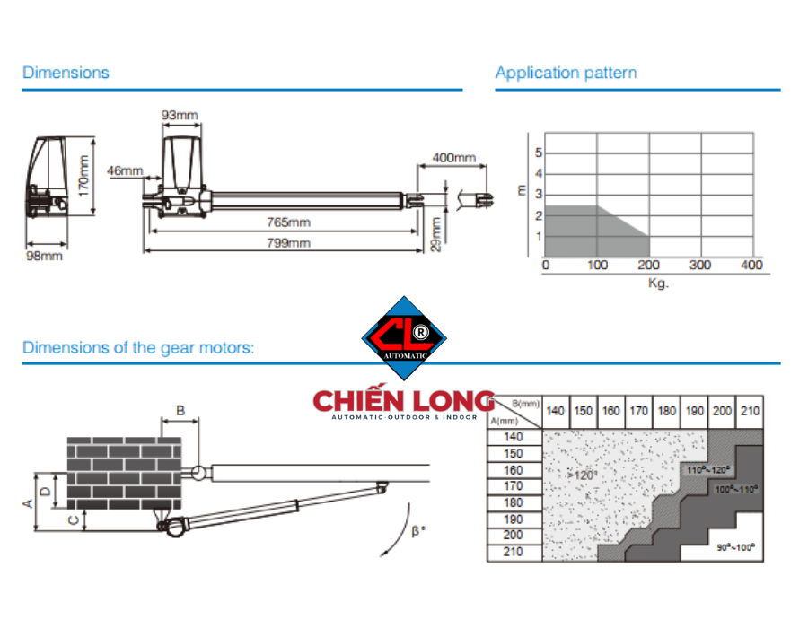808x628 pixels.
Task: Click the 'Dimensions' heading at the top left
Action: (x=66, y=73)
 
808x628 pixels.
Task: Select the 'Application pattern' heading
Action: (x=566, y=73)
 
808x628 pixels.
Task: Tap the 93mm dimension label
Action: (x=180, y=115)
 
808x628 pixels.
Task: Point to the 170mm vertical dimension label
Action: (x=83, y=176)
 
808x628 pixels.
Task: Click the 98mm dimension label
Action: (x=44, y=256)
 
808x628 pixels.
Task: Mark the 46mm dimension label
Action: (x=125, y=170)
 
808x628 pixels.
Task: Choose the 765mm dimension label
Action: (x=288, y=222)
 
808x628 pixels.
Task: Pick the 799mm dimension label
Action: (x=288, y=243)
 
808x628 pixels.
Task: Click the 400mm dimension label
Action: (x=453, y=158)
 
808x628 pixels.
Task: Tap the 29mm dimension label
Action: (x=436, y=234)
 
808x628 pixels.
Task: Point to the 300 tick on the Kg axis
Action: (x=699, y=265)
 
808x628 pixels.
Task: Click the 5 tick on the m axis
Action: (x=539, y=153)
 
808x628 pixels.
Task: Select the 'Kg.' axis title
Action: (x=658, y=283)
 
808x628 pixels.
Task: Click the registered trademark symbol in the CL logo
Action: (x=421, y=333)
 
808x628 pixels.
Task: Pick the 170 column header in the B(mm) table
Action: (x=638, y=411)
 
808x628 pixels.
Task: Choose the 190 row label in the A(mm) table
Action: (x=513, y=519)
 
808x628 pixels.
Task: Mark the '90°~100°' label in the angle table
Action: (x=736, y=547)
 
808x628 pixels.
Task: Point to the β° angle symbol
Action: (x=418, y=531)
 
